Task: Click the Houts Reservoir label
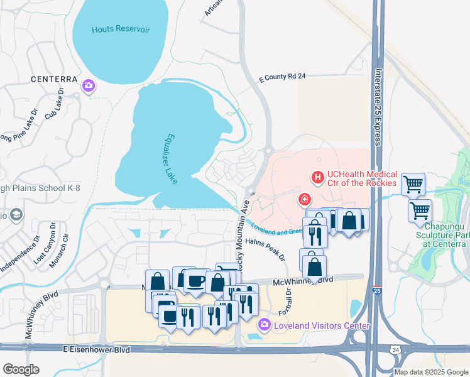[121, 30]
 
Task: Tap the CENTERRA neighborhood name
[54, 80]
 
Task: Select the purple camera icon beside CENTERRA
[89, 85]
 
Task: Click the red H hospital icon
[319, 178]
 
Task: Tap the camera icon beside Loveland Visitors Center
[264, 324]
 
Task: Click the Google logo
[21, 369]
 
